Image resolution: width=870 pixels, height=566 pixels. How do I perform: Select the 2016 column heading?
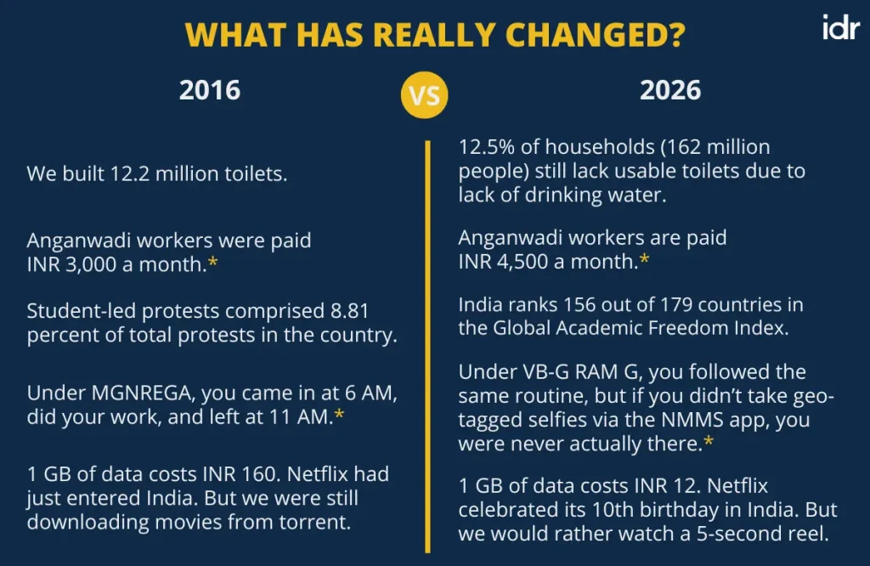(x=209, y=91)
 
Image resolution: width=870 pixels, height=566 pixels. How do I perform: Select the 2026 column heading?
(x=670, y=91)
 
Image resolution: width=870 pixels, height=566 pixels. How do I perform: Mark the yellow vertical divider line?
(x=428, y=340)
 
